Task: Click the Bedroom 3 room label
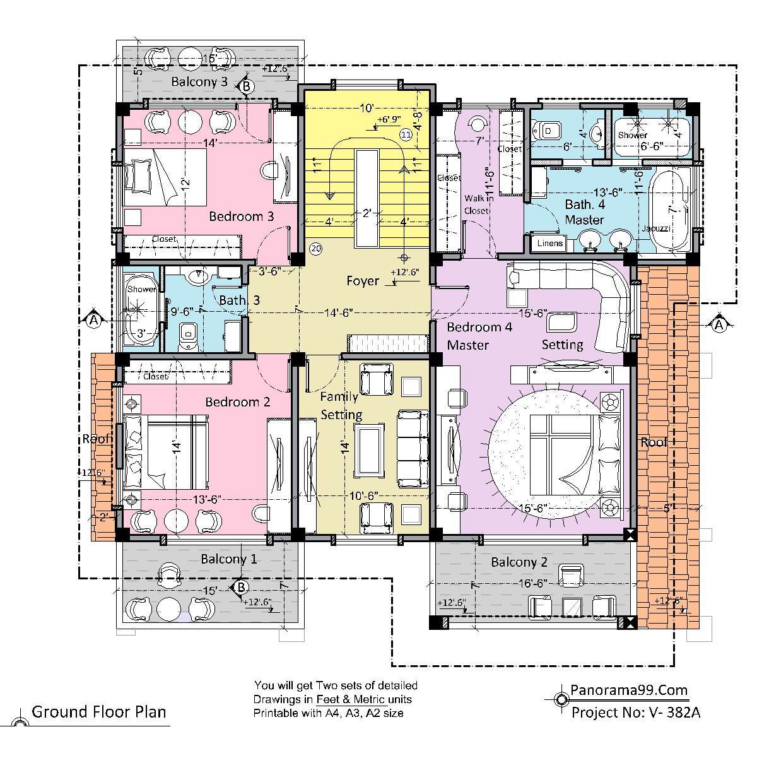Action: point(241,216)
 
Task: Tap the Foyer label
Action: point(363,281)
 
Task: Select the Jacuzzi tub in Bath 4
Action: point(670,210)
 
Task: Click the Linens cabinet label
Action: point(550,244)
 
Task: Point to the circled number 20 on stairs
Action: point(316,249)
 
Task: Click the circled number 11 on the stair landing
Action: point(406,134)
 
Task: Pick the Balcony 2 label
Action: point(519,562)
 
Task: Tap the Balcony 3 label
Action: point(199,81)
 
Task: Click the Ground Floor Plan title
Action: point(99,712)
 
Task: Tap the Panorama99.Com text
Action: point(629,690)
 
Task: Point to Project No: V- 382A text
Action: point(635,713)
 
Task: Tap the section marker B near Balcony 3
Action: point(246,86)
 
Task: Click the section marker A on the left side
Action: point(93,319)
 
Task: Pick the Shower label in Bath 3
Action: point(141,289)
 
